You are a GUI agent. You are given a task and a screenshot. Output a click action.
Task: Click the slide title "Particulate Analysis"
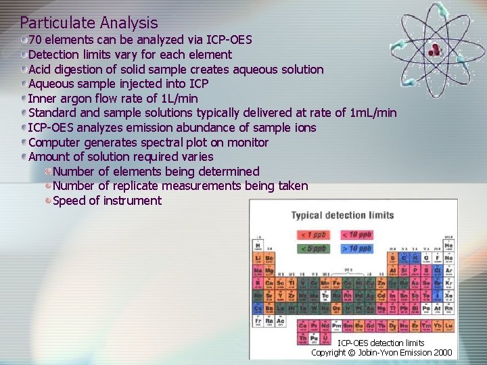(89, 24)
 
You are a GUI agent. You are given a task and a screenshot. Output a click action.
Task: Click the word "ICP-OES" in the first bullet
(228, 40)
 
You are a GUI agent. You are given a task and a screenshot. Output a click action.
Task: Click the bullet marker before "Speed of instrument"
(48, 201)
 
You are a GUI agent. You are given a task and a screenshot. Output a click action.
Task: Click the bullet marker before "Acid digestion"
(24, 70)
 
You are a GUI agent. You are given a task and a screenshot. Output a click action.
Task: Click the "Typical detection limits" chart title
(342, 216)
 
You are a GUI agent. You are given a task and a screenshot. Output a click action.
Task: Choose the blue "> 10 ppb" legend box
(356, 249)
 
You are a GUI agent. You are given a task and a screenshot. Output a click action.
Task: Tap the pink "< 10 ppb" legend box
(356, 235)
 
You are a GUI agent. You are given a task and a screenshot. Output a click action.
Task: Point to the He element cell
(448, 246)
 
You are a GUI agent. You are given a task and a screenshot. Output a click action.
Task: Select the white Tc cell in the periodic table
(325, 295)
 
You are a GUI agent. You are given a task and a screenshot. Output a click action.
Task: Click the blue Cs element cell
(258, 308)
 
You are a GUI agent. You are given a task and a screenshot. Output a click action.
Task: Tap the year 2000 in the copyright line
(443, 353)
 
